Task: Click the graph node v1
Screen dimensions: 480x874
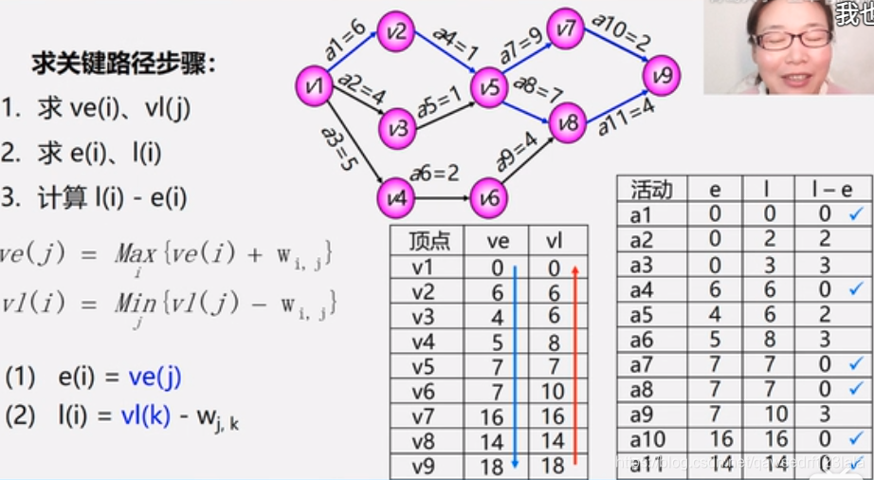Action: pyautogui.click(x=315, y=87)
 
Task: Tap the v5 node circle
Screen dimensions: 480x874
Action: pyautogui.click(x=490, y=88)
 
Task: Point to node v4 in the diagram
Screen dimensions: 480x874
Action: pyautogui.click(x=395, y=197)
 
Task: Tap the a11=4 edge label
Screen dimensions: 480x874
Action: pyautogui.click(x=621, y=115)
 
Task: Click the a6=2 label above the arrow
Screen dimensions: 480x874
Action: pyautogui.click(x=434, y=174)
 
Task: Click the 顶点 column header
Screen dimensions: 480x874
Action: pyautogui.click(x=428, y=242)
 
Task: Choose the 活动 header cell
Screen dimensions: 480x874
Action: pyautogui.click(x=650, y=190)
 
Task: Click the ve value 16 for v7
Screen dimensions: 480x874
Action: pyautogui.click(x=498, y=415)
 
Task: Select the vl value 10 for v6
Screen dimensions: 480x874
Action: pyautogui.click(x=555, y=391)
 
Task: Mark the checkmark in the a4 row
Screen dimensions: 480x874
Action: pyautogui.click(x=855, y=288)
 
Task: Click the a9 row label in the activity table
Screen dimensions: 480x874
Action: pyautogui.click(x=642, y=413)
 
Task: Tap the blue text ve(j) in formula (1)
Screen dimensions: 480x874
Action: pyautogui.click(x=155, y=378)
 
